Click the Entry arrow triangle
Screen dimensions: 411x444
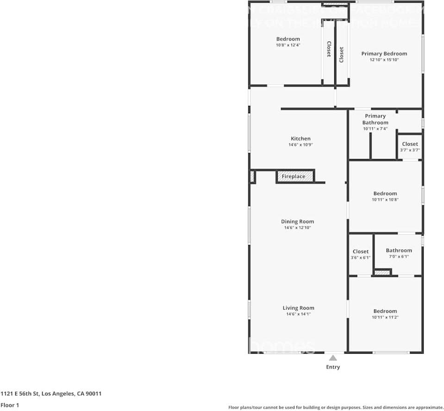pyautogui.click(x=333, y=357)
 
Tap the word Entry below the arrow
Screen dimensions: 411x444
pyautogui.click(x=333, y=367)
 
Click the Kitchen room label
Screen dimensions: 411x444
pyautogui.click(x=300, y=139)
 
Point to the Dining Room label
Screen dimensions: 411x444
pyautogui.click(x=297, y=221)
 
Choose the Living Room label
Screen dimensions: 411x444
pyautogui.click(x=298, y=308)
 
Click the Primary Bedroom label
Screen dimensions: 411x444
pyautogui.click(x=384, y=54)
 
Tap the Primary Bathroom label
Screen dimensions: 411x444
pyautogui.click(x=375, y=119)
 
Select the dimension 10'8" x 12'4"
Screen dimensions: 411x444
pyautogui.click(x=288, y=45)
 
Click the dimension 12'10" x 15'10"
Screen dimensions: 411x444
pyautogui.click(x=384, y=60)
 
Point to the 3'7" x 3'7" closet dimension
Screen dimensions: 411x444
pyautogui.click(x=410, y=150)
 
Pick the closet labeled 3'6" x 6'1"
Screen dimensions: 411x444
pyautogui.click(x=361, y=254)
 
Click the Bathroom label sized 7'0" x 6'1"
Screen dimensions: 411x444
pyautogui.click(x=399, y=250)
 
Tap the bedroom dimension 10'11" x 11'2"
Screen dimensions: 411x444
pyautogui.click(x=385, y=317)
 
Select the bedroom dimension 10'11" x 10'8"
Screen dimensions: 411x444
pyautogui.click(x=385, y=200)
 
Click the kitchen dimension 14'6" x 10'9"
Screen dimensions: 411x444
pyautogui.click(x=300, y=145)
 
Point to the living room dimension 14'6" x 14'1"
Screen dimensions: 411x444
pyautogui.click(x=298, y=314)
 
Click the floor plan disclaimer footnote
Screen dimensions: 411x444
pyautogui.click(x=336, y=407)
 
